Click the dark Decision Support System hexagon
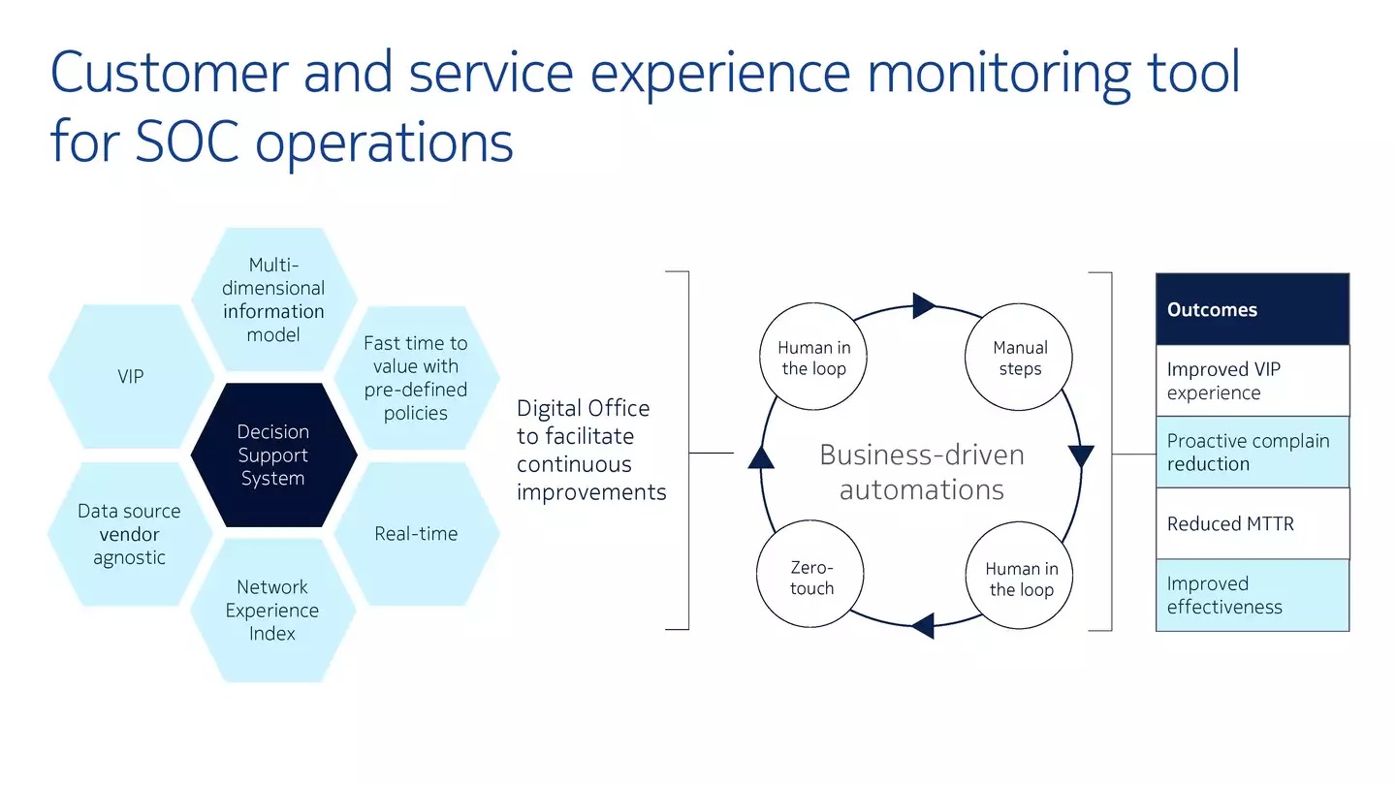tap(273, 455)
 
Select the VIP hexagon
tap(131, 376)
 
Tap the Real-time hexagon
tap(416, 533)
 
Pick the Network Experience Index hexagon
tap(273, 610)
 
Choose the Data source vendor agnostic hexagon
tap(130, 534)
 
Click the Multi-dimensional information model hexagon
tap(273, 299)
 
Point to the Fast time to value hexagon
tap(416, 378)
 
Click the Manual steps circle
tap(1019, 357)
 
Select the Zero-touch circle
tap(810, 574)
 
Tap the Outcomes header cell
tap(1253, 309)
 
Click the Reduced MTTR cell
tap(1253, 523)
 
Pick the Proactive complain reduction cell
tap(1253, 453)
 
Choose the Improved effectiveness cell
tap(1253, 595)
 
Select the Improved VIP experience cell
tap(1253, 381)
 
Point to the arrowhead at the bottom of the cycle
tap(923, 625)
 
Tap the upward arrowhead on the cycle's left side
tap(761, 457)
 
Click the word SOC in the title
tap(187, 142)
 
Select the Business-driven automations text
tap(922, 472)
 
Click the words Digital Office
tap(584, 408)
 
